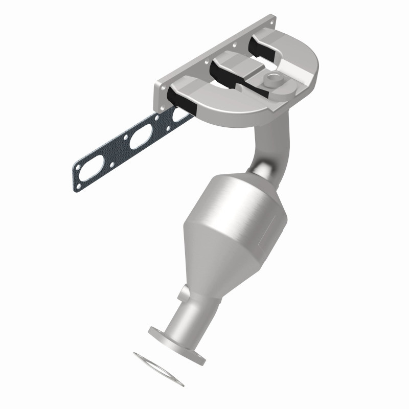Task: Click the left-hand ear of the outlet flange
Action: tap(154, 331)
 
